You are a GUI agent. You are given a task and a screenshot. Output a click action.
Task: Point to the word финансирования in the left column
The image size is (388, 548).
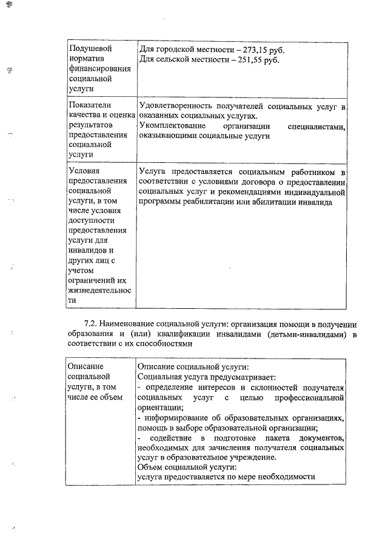[x=100, y=69]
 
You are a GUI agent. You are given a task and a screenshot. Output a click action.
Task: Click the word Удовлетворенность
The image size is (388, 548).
[x=178, y=107]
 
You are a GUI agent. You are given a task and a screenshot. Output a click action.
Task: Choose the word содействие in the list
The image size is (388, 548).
[x=178, y=438]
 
